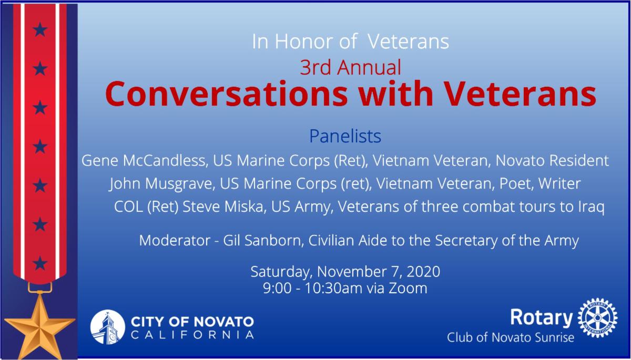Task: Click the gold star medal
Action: pyautogui.click(x=39, y=325)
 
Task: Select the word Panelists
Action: pyautogui.click(x=345, y=137)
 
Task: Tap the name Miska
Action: pyautogui.click(x=246, y=207)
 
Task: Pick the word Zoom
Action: pyautogui.click(x=408, y=288)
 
